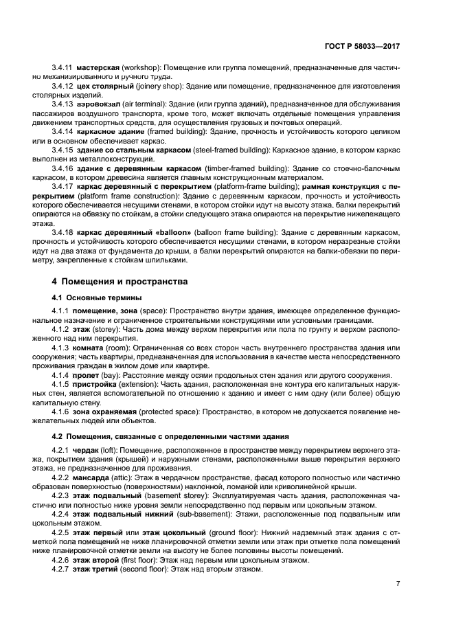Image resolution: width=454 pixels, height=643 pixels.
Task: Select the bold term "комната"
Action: (x=94, y=348)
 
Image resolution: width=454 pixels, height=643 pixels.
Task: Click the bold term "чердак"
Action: (x=90, y=449)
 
